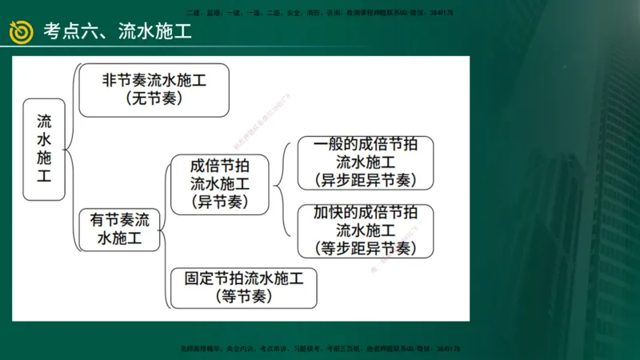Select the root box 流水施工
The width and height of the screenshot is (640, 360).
(x=44, y=150)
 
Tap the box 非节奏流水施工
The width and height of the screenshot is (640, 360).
(x=154, y=90)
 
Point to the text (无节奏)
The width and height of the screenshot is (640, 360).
(x=154, y=99)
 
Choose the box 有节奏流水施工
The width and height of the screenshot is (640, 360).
(x=119, y=229)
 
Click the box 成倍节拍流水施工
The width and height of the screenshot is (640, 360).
(x=220, y=185)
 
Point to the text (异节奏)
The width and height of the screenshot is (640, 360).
(x=220, y=202)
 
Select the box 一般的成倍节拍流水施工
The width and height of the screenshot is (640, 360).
(x=366, y=162)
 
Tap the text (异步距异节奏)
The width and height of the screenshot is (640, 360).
(x=366, y=180)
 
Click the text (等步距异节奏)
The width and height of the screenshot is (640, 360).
(x=366, y=248)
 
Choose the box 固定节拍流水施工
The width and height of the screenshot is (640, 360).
(x=244, y=288)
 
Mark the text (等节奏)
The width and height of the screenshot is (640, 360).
(x=244, y=297)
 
